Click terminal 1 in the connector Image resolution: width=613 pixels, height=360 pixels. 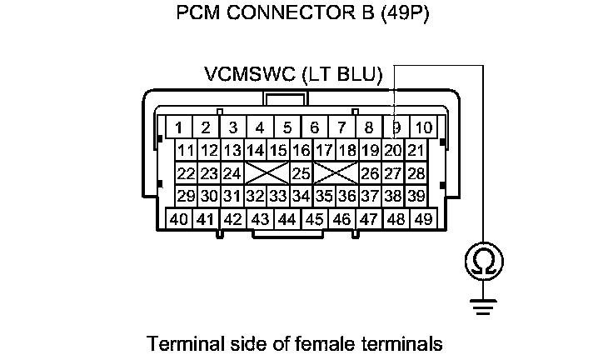(x=178, y=127)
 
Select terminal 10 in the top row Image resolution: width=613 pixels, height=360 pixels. (x=423, y=127)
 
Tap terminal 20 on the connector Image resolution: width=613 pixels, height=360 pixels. (x=394, y=151)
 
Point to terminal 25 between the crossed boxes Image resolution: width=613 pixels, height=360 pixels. (x=301, y=173)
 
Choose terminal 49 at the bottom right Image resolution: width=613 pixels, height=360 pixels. (x=423, y=219)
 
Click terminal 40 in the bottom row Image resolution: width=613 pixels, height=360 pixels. (x=178, y=219)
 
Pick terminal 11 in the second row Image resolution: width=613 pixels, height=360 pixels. (x=186, y=151)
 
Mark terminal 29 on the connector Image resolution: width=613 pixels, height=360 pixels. (x=186, y=196)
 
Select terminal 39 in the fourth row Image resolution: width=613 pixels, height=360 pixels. (x=416, y=196)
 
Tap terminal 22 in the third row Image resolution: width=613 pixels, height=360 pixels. (x=186, y=173)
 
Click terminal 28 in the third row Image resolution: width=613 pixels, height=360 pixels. (x=416, y=173)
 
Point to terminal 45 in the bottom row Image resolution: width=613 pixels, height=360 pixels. (x=314, y=219)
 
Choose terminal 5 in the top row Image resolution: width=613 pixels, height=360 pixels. (x=287, y=127)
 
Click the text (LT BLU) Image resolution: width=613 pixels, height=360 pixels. (x=344, y=75)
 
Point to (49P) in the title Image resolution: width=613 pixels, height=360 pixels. (x=403, y=15)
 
